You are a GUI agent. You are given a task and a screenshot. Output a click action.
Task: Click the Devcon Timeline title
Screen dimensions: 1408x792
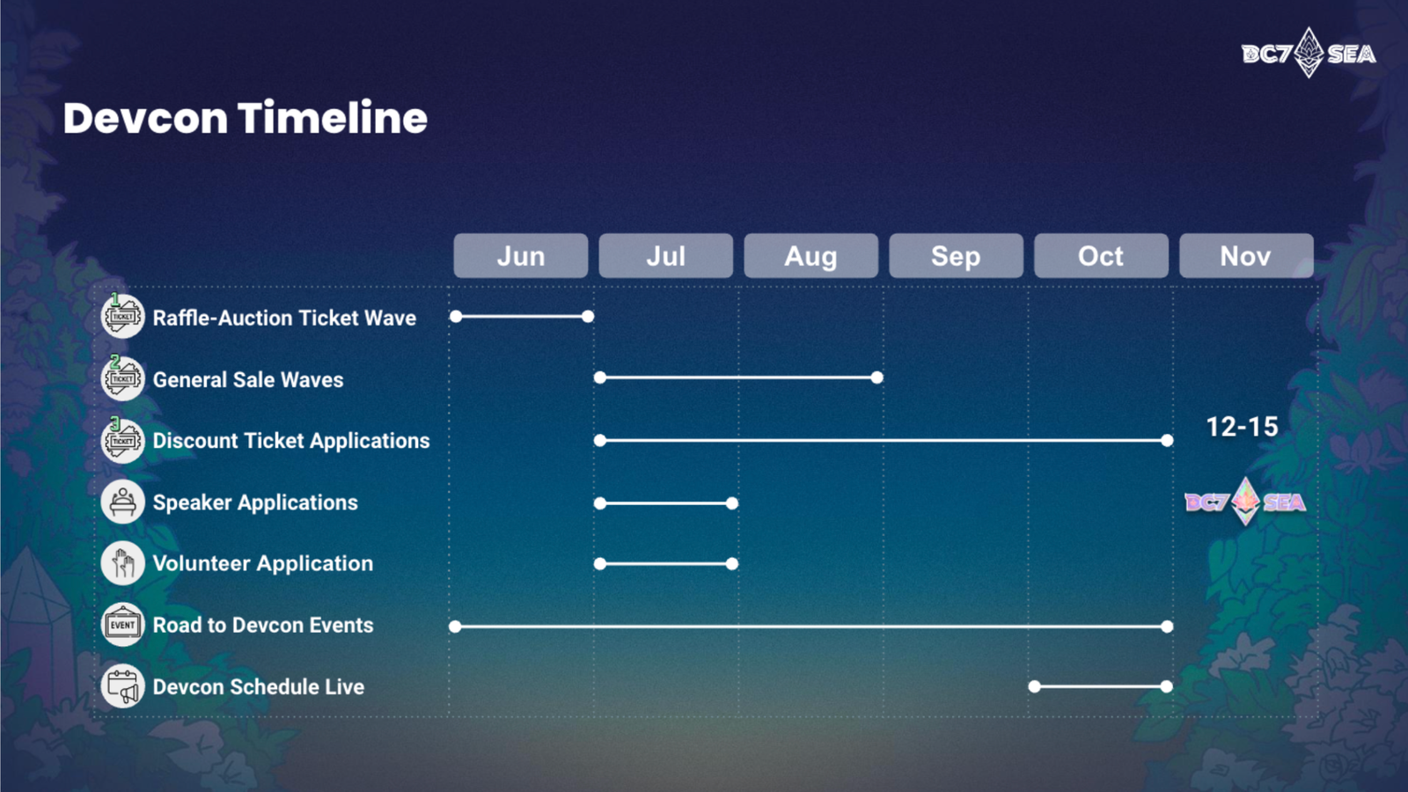(x=246, y=118)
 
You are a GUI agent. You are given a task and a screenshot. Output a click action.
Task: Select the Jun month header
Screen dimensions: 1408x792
(x=520, y=256)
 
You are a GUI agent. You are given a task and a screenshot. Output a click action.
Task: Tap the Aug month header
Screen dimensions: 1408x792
(x=810, y=256)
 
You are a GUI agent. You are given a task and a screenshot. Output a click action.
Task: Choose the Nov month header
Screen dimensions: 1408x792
(x=1246, y=256)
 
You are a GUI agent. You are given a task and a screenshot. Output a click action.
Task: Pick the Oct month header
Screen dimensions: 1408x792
(x=1101, y=256)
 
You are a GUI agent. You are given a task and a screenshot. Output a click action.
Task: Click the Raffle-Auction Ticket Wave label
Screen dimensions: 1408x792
(x=284, y=318)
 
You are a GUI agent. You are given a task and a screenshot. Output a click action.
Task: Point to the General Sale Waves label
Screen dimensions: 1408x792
(x=248, y=379)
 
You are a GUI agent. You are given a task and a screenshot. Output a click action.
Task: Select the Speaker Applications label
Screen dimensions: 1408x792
(x=255, y=502)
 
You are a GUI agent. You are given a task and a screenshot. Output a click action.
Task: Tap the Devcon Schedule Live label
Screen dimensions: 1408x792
(x=259, y=687)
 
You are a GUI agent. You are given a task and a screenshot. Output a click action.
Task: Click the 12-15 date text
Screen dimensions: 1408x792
(x=1242, y=427)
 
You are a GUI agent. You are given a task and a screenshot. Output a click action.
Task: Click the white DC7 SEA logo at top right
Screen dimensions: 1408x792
(x=1309, y=53)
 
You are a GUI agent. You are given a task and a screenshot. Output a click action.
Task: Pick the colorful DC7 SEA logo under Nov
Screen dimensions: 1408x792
(x=1245, y=502)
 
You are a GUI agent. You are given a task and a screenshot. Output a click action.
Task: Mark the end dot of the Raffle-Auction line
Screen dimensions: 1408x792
(x=588, y=316)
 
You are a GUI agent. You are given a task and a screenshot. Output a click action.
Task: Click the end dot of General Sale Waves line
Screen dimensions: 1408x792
(x=876, y=378)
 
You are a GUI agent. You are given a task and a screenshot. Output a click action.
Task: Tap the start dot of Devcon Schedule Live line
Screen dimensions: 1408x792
(x=1035, y=686)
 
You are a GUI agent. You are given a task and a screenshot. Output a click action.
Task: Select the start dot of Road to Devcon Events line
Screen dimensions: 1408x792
(x=455, y=626)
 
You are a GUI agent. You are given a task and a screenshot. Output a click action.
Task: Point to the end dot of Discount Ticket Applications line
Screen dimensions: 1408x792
(x=1167, y=441)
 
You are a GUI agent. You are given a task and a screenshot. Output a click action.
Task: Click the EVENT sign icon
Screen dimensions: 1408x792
(x=122, y=625)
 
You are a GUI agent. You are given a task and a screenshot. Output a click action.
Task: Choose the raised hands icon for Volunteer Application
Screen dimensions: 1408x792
(x=122, y=563)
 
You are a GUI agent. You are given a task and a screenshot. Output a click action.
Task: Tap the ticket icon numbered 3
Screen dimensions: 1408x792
(x=122, y=440)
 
